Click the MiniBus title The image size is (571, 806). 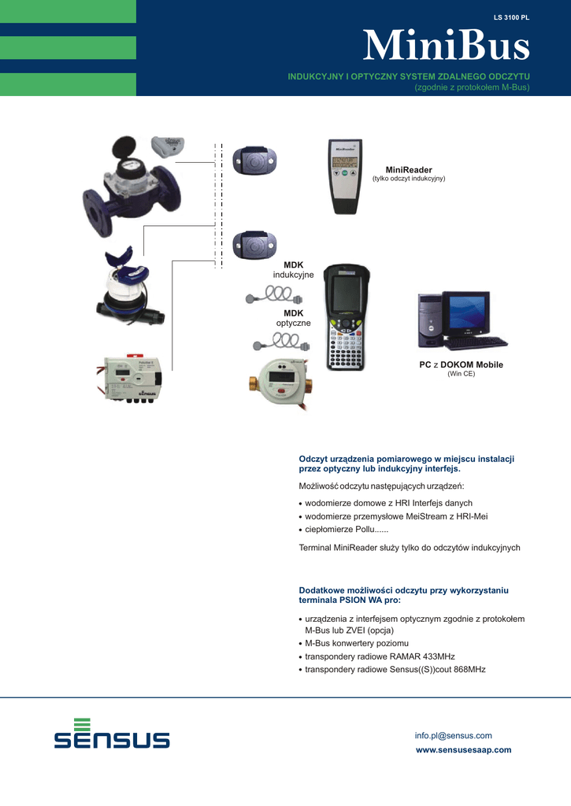pyautogui.click(x=446, y=45)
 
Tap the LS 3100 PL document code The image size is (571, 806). pyautogui.click(x=511, y=17)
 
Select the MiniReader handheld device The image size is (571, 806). pyautogui.click(x=345, y=176)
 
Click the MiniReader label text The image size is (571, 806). pyautogui.click(x=409, y=170)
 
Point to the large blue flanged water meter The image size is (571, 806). pyautogui.click(x=132, y=186)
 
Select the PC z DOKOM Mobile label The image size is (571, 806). pyautogui.click(x=461, y=364)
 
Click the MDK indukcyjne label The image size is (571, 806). pyautogui.click(x=293, y=270)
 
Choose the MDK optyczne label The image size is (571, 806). pyautogui.click(x=293, y=318)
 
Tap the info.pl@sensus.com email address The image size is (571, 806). pyautogui.click(x=453, y=736)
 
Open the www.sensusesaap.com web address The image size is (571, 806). pyautogui.click(x=463, y=750)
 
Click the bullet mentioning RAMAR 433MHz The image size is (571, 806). pyautogui.click(x=377, y=656)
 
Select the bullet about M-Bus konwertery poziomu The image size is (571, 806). pyautogui.click(x=354, y=643)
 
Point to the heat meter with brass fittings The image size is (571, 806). pyautogui.click(x=281, y=383)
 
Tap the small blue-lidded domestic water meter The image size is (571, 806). pyautogui.click(x=128, y=287)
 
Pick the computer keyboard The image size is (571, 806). pyautogui.click(x=476, y=342)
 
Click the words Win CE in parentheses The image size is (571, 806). pyautogui.click(x=461, y=374)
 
